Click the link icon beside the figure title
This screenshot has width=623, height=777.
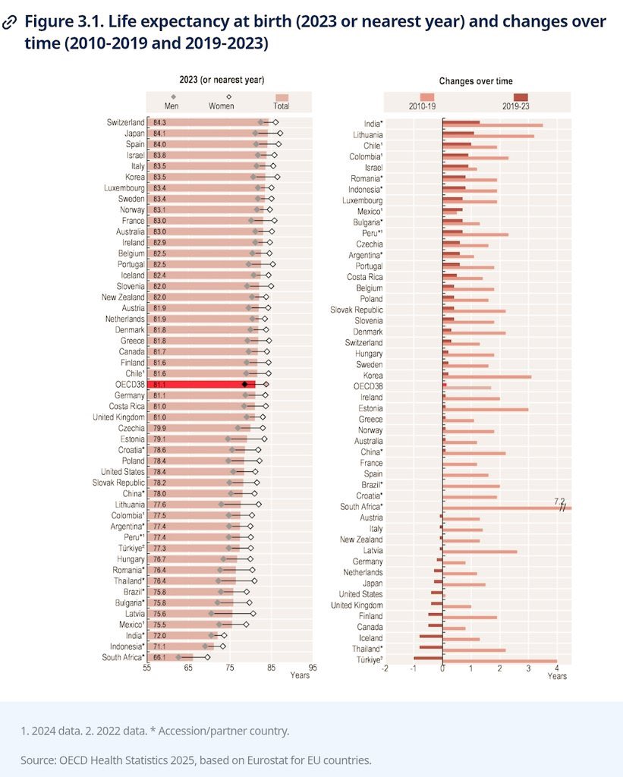click(x=11, y=22)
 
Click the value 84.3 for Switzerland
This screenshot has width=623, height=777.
click(x=159, y=122)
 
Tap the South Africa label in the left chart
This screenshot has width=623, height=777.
click(x=123, y=657)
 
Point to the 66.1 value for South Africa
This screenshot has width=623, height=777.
click(x=159, y=657)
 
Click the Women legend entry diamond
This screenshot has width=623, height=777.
click(x=228, y=97)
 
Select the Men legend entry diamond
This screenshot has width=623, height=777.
click(x=173, y=97)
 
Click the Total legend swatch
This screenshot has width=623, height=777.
click(x=282, y=98)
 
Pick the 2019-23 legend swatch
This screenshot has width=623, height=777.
click(x=521, y=96)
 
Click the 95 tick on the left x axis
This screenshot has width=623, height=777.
click(x=313, y=669)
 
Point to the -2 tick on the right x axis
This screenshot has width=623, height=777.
click(x=385, y=668)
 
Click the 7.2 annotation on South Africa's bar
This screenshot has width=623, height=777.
click(x=560, y=501)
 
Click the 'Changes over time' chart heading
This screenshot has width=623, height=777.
click(x=476, y=81)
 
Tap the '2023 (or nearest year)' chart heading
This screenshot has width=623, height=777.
click(x=222, y=80)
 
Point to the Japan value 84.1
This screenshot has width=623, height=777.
click(x=159, y=134)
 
